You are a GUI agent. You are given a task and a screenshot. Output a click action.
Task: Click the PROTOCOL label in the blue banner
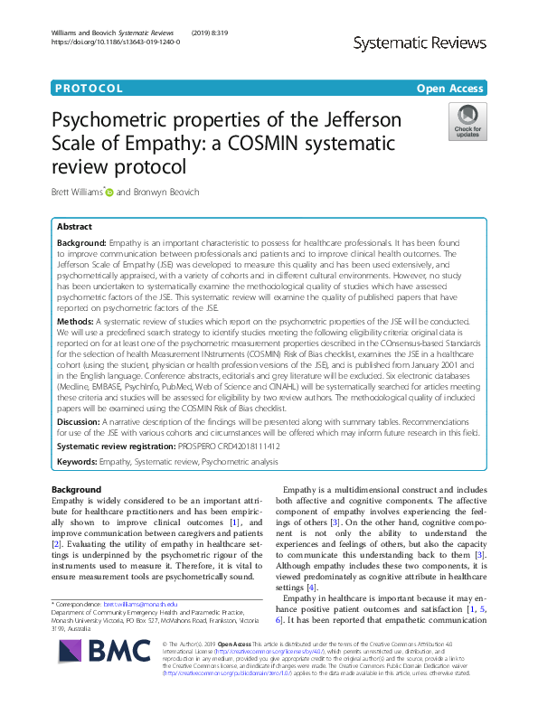[88, 89]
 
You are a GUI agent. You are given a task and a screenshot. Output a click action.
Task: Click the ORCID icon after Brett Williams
[110, 192]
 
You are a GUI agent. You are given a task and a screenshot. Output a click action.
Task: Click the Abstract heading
[74, 227]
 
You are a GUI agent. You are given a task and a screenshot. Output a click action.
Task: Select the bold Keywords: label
[78, 462]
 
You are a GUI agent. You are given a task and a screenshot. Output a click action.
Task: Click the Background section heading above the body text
[77, 489]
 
